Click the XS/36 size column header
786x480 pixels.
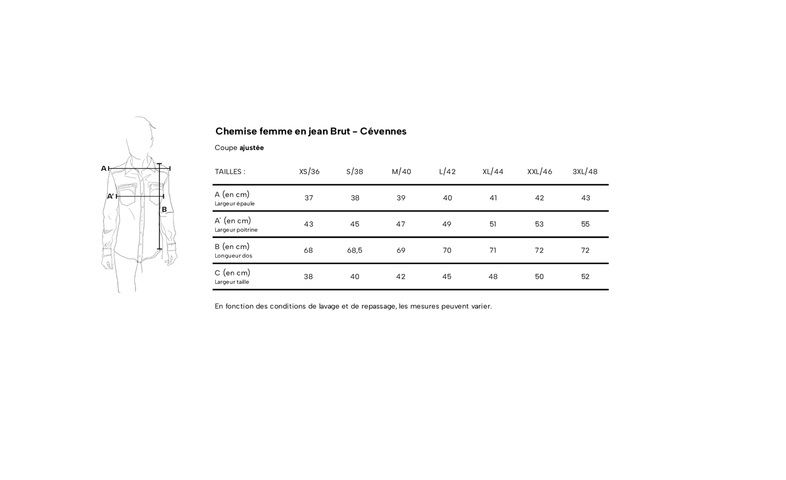[x=309, y=172]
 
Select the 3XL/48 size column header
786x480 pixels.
[x=585, y=172]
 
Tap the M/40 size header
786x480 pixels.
[x=401, y=172]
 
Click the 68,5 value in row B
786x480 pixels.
[x=355, y=251]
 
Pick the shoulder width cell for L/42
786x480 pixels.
[x=447, y=198]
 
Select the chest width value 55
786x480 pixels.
[x=585, y=224]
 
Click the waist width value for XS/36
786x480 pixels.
[x=308, y=277]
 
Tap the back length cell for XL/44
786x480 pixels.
[x=493, y=251]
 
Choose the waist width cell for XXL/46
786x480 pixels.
[x=539, y=277]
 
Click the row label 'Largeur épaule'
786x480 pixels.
[x=234, y=204]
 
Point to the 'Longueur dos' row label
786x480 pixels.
[x=233, y=256]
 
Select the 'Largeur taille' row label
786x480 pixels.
[x=232, y=282]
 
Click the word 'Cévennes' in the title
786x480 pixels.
[x=383, y=131]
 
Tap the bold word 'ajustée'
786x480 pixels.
[x=251, y=148]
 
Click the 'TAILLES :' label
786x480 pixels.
[x=230, y=172]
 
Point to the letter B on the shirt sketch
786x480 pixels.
[x=164, y=209]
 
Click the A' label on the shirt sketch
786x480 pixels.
[x=110, y=196]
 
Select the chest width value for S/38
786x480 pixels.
[x=355, y=224]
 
